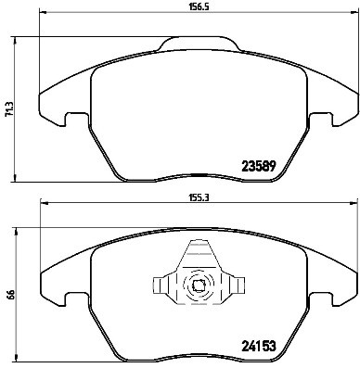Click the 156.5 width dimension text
point(196,11)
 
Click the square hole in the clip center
point(197,286)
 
